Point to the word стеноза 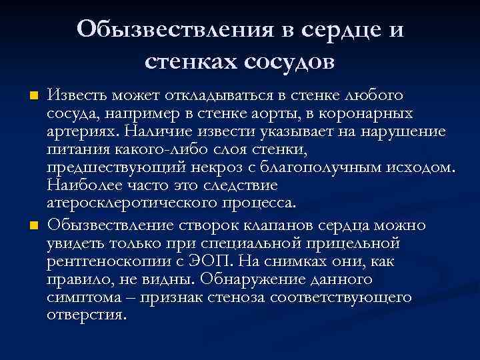[258, 297]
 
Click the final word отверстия [86, 313]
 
